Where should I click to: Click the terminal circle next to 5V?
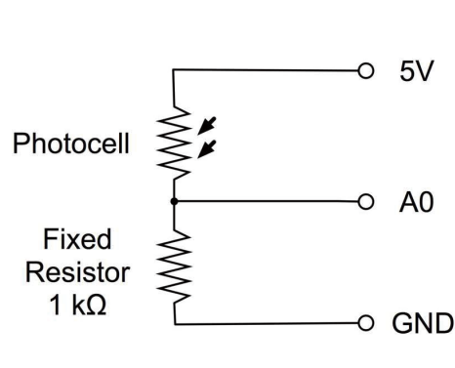tap(366, 71)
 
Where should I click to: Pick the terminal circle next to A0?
tap(366, 203)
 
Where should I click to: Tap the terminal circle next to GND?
tap(366, 321)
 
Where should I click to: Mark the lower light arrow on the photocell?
tap(206, 149)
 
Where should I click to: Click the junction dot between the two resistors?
tap(174, 203)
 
